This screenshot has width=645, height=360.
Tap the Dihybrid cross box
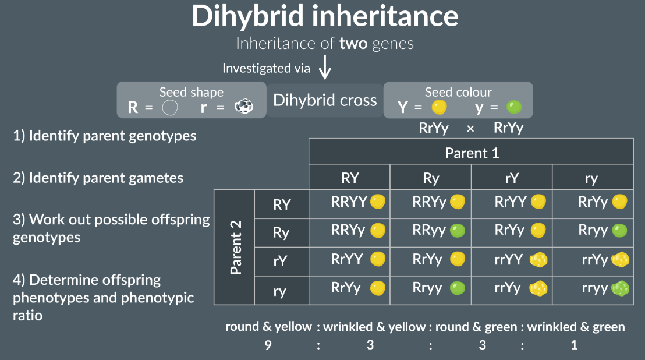point(325,100)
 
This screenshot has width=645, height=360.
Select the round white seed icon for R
point(169,107)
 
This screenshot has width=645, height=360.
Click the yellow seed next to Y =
point(440,107)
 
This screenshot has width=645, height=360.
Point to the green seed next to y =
point(513,107)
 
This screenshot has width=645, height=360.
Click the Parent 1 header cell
point(472,153)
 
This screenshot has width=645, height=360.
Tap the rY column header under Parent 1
point(511,178)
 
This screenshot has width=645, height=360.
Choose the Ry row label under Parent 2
point(281,232)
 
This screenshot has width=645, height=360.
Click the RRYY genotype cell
point(349,202)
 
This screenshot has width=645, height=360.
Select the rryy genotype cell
point(594,288)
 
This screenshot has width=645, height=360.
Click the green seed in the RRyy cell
point(457,230)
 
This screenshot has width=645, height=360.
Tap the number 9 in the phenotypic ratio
point(268,345)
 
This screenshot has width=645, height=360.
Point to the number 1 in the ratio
point(574,345)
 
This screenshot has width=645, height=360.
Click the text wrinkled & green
point(576,327)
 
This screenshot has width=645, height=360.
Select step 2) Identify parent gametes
point(98,178)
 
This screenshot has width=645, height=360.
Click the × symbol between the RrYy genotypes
point(470,128)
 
